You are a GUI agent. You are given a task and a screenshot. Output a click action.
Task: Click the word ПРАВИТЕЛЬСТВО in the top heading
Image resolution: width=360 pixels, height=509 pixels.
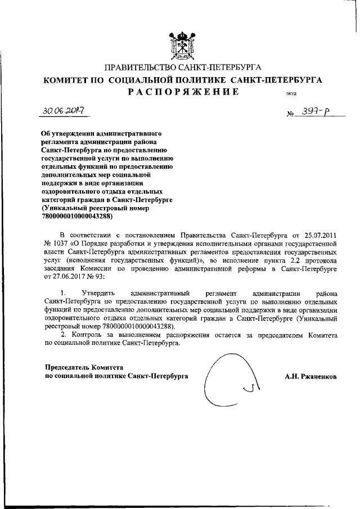[142, 69]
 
